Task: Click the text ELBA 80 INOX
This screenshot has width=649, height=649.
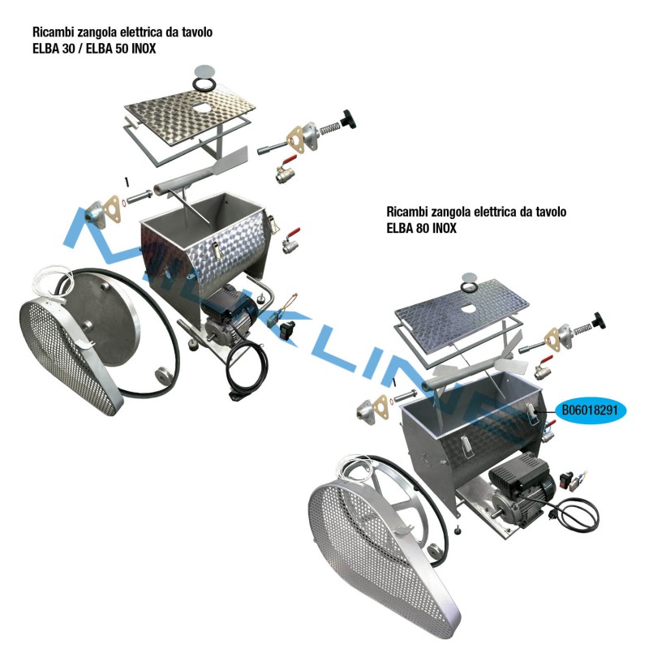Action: pos(421,228)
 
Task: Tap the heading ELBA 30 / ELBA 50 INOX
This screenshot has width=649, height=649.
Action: pos(94,49)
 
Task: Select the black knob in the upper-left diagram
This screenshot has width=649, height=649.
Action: pos(348,119)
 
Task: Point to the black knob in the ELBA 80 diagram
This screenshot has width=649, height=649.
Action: pos(598,320)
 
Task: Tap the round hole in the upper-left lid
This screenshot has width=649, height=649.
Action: pos(201,108)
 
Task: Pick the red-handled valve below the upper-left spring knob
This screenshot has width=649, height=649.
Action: pos(286,170)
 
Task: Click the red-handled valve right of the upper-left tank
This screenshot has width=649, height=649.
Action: pos(291,241)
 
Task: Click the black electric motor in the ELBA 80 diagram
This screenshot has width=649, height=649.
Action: pos(522,488)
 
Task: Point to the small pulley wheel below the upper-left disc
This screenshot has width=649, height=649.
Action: pos(164,376)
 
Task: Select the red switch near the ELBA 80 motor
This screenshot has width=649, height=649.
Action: pos(565,479)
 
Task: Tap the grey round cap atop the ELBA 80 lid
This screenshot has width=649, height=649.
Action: pos(469,277)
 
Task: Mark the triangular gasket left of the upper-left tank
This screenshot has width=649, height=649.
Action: pos(111,210)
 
